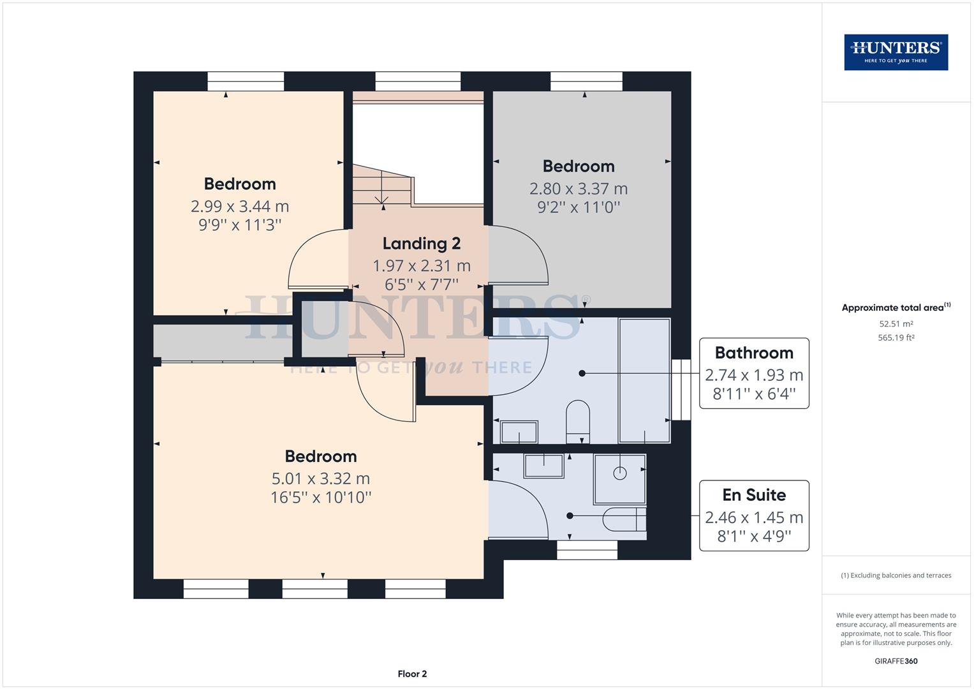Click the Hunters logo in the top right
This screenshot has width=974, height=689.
point(896,52)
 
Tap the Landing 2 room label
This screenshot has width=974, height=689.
point(421,243)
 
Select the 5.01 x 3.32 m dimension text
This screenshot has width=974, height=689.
point(320,478)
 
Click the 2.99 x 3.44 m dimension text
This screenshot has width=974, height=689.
point(240,206)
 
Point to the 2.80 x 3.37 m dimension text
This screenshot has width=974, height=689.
point(578,189)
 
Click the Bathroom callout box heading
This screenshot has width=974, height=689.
point(754,353)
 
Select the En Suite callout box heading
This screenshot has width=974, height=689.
point(754,495)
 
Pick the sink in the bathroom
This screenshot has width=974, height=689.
point(519,432)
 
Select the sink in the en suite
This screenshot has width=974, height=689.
point(543,466)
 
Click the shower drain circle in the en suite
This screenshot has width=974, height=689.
point(619,473)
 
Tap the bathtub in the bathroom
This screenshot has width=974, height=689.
point(644,380)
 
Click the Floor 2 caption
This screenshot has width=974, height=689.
point(412,674)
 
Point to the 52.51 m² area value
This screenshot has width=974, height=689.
point(896,323)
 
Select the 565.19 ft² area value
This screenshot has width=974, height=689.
point(896,338)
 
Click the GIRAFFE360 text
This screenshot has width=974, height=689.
point(896,661)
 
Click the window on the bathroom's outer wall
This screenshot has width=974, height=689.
point(681,389)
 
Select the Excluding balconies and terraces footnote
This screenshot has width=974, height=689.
point(896,575)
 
